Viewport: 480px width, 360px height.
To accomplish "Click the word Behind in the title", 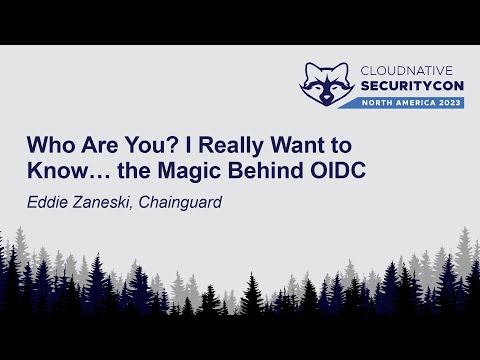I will pos(281,170).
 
